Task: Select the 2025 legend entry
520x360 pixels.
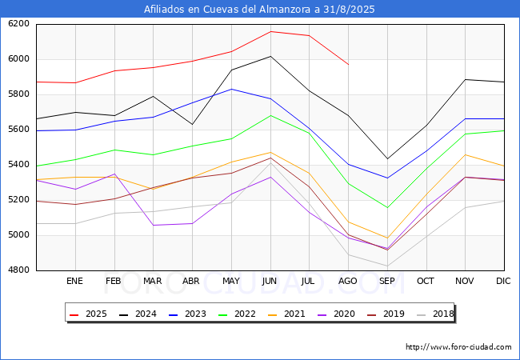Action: (x=88, y=314)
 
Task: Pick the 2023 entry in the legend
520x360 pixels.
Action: (x=187, y=314)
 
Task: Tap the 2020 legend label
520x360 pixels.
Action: (x=344, y=314)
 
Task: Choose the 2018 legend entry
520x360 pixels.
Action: (x=435, y=314)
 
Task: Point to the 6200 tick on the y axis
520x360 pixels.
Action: (x=18, y=24)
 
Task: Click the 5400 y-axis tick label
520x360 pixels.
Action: (x=18, y=165)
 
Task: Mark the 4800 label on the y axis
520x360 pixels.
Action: (x=18, y=270)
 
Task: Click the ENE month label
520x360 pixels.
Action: (x=74, y=281)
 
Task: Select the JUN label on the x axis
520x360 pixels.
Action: (x=270, y=281)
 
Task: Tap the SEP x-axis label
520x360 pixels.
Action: (x=386, y=281)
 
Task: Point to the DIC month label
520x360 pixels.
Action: (x=503, y=281)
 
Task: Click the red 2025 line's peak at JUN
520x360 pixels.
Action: (x=270, y=31)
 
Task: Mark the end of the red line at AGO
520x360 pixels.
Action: (x=348, y=64)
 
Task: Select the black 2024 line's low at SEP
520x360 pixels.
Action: (x=387, y=158)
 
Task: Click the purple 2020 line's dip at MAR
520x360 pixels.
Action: (x=154, y=226)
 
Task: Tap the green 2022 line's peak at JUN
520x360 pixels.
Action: (x=270, y=115)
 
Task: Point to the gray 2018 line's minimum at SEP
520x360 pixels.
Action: (x=387, y=266)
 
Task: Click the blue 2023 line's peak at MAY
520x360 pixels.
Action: (x=231, y=89)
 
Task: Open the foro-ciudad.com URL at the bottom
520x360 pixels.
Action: (x=458, y=347)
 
